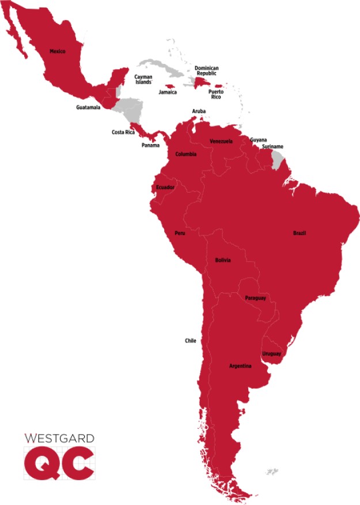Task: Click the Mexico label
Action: (x=58, y=51)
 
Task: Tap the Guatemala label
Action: (x=88, y=107)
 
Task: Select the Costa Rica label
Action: (x=123, y=133)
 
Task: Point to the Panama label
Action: (x=150, y=145)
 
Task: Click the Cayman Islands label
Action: (x=143, y=80)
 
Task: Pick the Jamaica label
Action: (x=168, y=92)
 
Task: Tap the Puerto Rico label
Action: (x=216, y=95)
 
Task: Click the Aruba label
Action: (x=199, y=111)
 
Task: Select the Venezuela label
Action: (x=221, y=141)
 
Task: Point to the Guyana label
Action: (x=258, y=140)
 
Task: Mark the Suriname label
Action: (x=272, y=147)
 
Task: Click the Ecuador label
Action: (x=165, y=187)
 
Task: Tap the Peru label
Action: (x=180, y=233)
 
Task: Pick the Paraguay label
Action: (x=255, y=298)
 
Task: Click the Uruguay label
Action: (x=271, y=353)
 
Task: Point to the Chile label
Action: (x=191, y=341)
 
